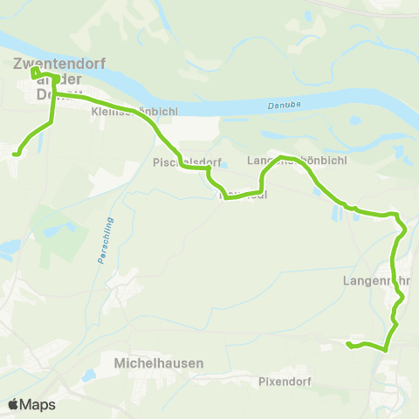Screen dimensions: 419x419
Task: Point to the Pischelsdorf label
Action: coord(188,162)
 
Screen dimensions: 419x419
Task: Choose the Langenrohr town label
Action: coord(376,281)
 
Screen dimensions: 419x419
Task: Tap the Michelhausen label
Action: coord(159,362)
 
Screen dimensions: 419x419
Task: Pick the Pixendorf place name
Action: coord(285,381)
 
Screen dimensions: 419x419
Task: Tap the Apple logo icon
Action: coord(14,404)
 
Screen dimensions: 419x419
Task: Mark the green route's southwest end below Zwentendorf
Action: coord(15,155)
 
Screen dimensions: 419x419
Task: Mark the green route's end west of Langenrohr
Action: coord(348,345)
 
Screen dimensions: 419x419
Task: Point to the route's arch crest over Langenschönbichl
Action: coord(281,157)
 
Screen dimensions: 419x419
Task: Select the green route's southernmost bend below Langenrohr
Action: coord(383,349)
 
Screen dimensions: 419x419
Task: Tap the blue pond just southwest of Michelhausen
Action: coord(88,376)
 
